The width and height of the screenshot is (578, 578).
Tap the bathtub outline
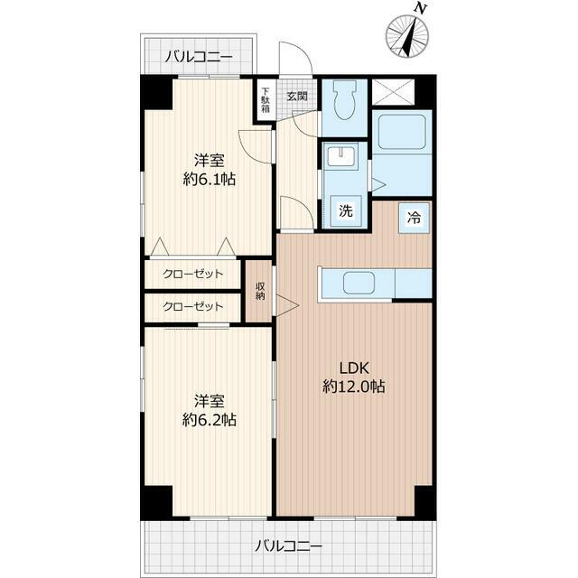[402, 132]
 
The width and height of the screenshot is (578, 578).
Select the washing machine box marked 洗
[346, 210]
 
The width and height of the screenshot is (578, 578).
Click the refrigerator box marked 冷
[414, 218]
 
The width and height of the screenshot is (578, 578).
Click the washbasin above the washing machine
[342, 156]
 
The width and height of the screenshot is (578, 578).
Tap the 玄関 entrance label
[297, 97]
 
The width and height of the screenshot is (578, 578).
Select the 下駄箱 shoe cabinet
[266, 99]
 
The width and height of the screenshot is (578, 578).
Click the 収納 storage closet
[260, 291]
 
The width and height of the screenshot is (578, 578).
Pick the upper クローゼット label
[192, 274]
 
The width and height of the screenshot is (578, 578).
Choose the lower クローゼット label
[192, 306]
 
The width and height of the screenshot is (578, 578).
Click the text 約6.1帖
[210, 180]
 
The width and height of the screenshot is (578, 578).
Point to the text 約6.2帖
[210, 419]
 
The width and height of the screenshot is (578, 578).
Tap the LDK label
[354, 368]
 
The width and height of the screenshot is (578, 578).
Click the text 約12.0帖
[354, 387]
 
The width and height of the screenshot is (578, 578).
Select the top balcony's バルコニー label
[199, 57]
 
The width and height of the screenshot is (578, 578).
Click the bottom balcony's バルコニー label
[289, 545]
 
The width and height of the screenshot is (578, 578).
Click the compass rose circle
[407, 36]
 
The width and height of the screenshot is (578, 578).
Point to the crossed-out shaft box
[394, 92]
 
